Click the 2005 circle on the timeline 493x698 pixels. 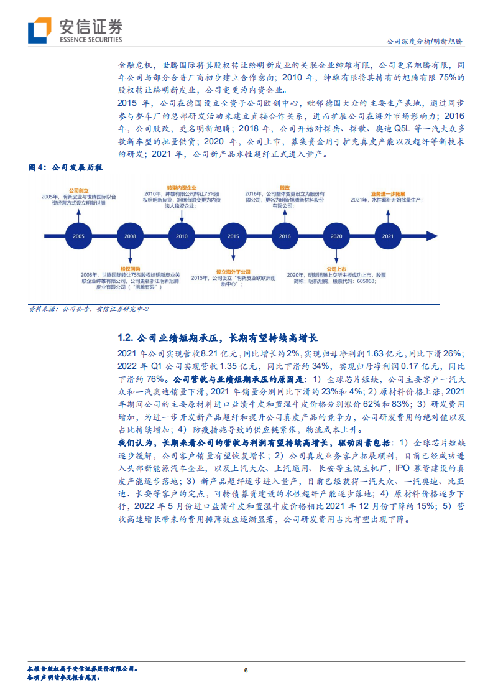tap(79, 236)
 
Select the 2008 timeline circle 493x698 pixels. tap(130, 236)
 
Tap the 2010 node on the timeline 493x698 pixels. tap(182, 236)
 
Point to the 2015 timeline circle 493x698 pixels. tap(233, 236)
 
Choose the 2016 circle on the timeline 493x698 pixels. tap(285, 236)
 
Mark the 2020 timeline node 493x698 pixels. tap(336, 236)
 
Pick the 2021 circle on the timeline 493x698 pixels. tap(388, 236)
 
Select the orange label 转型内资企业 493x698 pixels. tap(182, 187)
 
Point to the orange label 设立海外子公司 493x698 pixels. tap(233, 272)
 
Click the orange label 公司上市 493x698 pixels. tap(336, 268)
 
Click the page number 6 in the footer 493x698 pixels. tap(246, 670)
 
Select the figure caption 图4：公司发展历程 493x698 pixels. tap(66, 168)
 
